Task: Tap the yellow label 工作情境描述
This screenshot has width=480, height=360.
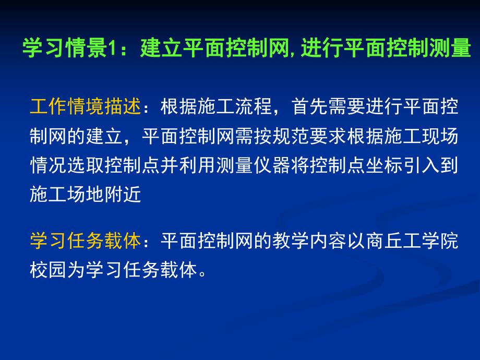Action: click(x=86, y=107)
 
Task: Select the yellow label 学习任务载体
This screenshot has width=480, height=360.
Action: click(x=86, y=241)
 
